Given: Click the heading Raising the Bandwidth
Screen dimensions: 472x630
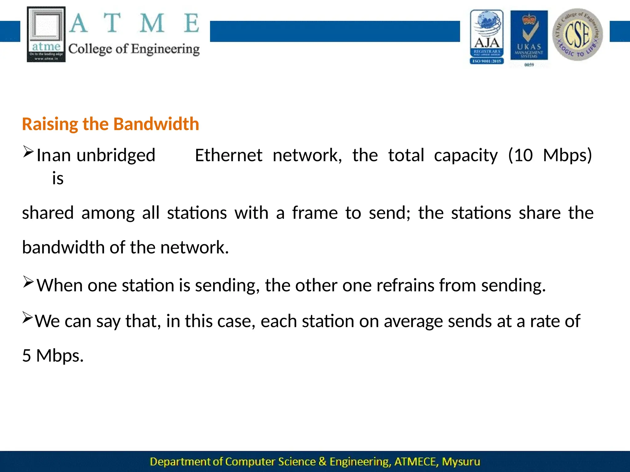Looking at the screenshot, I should [x=110, y=124].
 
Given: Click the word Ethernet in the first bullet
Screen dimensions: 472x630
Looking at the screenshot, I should [x=229, y=155].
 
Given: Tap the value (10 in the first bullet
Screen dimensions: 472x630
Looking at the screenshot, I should [x=520, y=155].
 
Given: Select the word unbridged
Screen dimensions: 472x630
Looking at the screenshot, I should [x=116, y=155].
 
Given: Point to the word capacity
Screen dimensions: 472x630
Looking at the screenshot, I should [x=465, y=156].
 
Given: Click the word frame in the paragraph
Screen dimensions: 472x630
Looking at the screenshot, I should [x=315, y=213].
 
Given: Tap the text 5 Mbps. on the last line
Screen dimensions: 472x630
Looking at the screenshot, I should [x=53, y=356].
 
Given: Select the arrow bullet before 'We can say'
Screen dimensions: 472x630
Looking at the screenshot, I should [x=27, y=317].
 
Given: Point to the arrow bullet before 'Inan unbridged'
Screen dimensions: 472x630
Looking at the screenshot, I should [x=28, y=152].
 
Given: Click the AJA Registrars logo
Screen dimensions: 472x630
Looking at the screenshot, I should [x=487, y=36].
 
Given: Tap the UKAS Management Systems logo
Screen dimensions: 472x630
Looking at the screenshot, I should [x=529, y=36].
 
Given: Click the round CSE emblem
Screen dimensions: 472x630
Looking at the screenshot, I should [x=577, y=34].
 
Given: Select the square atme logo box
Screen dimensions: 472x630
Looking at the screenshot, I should [x=46, y=34].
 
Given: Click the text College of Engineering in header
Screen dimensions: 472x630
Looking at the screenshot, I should [x=134, y=49].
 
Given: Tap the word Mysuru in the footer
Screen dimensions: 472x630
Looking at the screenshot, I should [x=461, y=462].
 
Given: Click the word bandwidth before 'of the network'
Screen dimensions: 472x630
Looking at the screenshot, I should [x=63, y=248].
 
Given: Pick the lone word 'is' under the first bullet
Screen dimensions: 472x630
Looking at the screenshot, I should [x=58, y=179].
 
